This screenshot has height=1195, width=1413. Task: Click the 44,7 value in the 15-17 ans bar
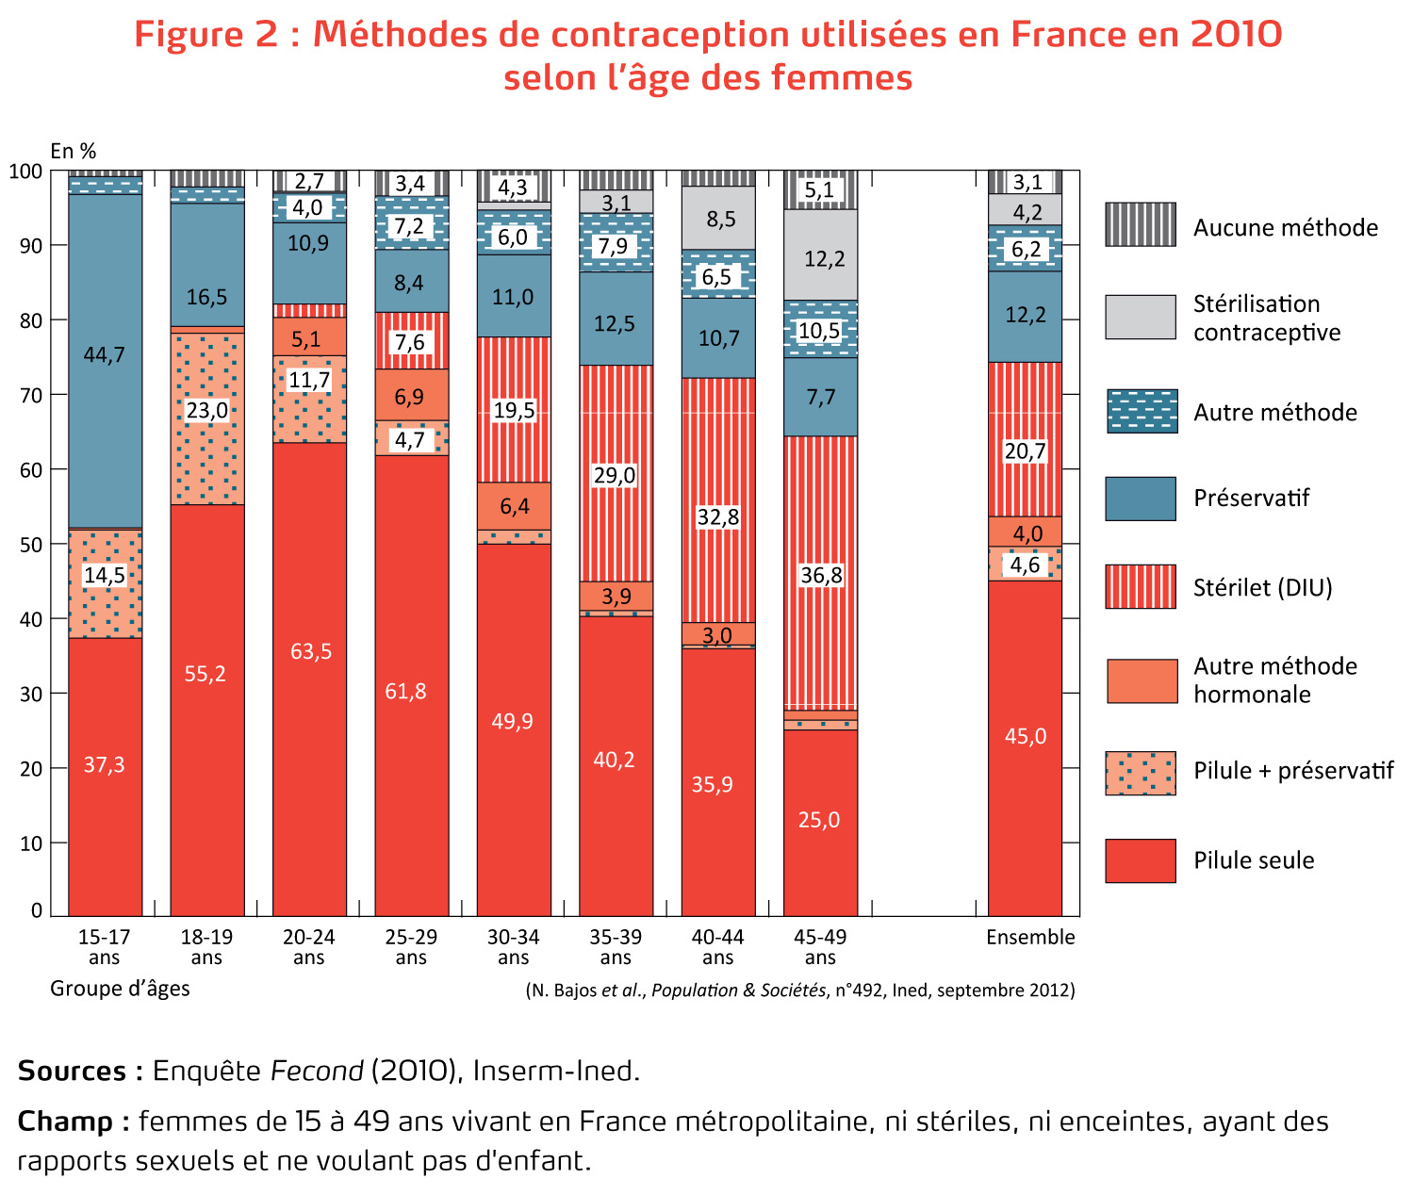[104, 355]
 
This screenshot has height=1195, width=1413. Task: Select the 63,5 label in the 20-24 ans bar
[310, 651]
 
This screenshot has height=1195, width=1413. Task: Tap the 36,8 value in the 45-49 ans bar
[821, 575]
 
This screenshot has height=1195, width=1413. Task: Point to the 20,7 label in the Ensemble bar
[1025, 451]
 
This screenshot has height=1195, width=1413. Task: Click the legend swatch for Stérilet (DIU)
[1141, 586]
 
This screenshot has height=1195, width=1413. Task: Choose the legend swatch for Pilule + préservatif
[1141, 773]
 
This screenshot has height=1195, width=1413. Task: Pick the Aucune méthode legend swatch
[1141, 224]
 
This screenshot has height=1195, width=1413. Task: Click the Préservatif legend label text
[1251, 498]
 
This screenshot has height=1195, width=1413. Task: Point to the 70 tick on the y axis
[31, 395]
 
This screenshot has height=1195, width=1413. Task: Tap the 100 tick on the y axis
[26, 171]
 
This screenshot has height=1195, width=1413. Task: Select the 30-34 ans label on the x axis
[513, 946]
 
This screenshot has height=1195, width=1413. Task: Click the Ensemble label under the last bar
[1030, 937]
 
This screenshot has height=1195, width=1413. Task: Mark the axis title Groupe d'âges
[120, 988]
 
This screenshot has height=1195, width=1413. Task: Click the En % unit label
[74, 151]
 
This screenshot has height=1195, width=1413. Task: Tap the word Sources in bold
[72, 1071]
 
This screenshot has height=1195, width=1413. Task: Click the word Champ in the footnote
[65, 1121]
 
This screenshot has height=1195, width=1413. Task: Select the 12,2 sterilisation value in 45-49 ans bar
[824, 258]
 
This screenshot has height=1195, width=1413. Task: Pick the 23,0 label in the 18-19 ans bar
[206, 410]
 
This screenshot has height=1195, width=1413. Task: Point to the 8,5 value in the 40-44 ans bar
[720, 220]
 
